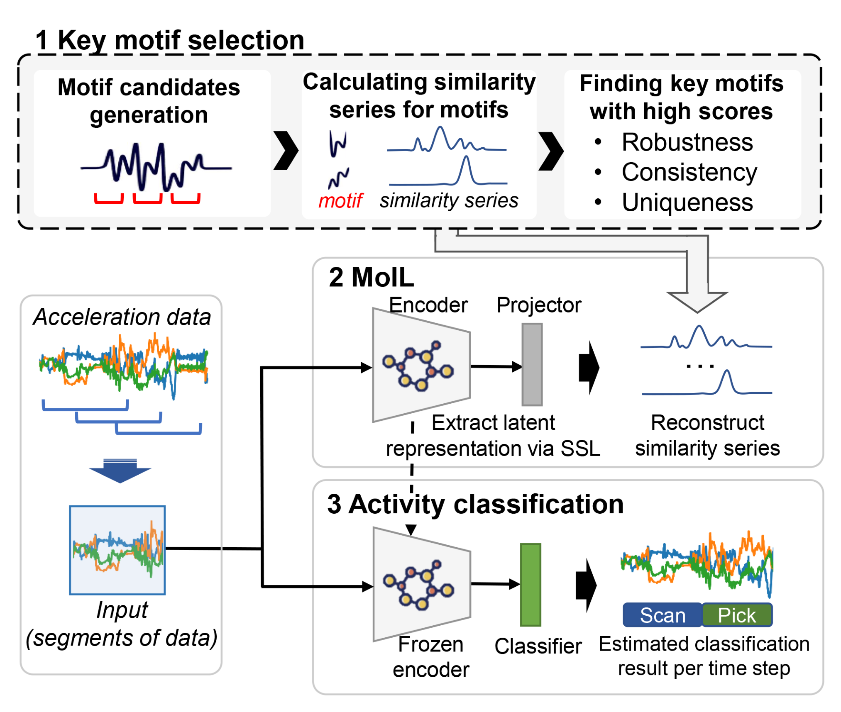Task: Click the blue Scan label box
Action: point(662,614)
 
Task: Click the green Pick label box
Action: point(736,614)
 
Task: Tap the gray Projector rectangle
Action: point(532,364)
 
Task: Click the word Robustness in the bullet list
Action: point(687,142)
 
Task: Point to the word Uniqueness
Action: point(687,202)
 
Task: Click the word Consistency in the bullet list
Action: point(689,172)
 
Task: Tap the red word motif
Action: point(340,201)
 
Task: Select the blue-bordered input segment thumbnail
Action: point(117,550)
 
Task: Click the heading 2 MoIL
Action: point(371,277)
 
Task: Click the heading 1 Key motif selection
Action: point(170,40)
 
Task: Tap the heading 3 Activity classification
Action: point(475,504)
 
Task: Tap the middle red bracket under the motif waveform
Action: point(147,199)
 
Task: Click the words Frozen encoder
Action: point(430,657)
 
